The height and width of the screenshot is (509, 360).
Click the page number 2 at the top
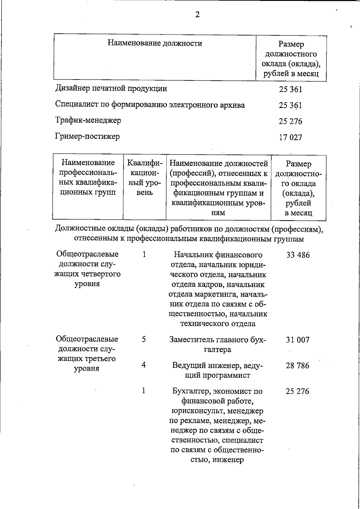pyautogui.click(x=197, y=15)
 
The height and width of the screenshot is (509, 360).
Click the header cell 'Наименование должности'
pyautogui.click(x=155, y=43)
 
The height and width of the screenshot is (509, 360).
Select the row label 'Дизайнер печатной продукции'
pyautogui.click(x=111, y=88)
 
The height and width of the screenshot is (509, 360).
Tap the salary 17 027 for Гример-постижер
pyautogui.click(x=290, y=138)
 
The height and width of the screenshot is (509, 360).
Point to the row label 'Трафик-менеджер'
pyautogui.click(x=88, y=121)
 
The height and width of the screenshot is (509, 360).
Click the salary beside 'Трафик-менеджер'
pyautogui.click(x=290, y=121)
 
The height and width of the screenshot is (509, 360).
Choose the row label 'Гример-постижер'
pyautogui.click(x=87, y=137)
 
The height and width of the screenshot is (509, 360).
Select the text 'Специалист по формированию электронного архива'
pyautogui.click(x=150, y=105)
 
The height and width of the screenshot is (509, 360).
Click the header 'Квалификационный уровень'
pyautogui.click(x=145, y=178)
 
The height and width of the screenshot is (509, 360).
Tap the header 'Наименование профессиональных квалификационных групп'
pyautogui.click(x=88, y=178)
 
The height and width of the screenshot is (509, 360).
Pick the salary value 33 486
pyautogui.click(x=298, y=255)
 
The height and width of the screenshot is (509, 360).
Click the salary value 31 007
pyautogui.click(x=297, y=340)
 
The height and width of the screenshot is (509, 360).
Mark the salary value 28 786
pyautogui.click(x=297, y=366)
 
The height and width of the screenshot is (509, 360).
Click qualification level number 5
pyautogui.click(x=144, y=339)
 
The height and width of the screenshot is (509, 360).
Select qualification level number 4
pyautogui.click(x=144, y=365)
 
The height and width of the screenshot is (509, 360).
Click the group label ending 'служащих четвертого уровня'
pyautogui.click(x=87, y=269)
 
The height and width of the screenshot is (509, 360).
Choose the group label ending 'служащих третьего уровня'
pyautogui.click(x=87, y=354)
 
